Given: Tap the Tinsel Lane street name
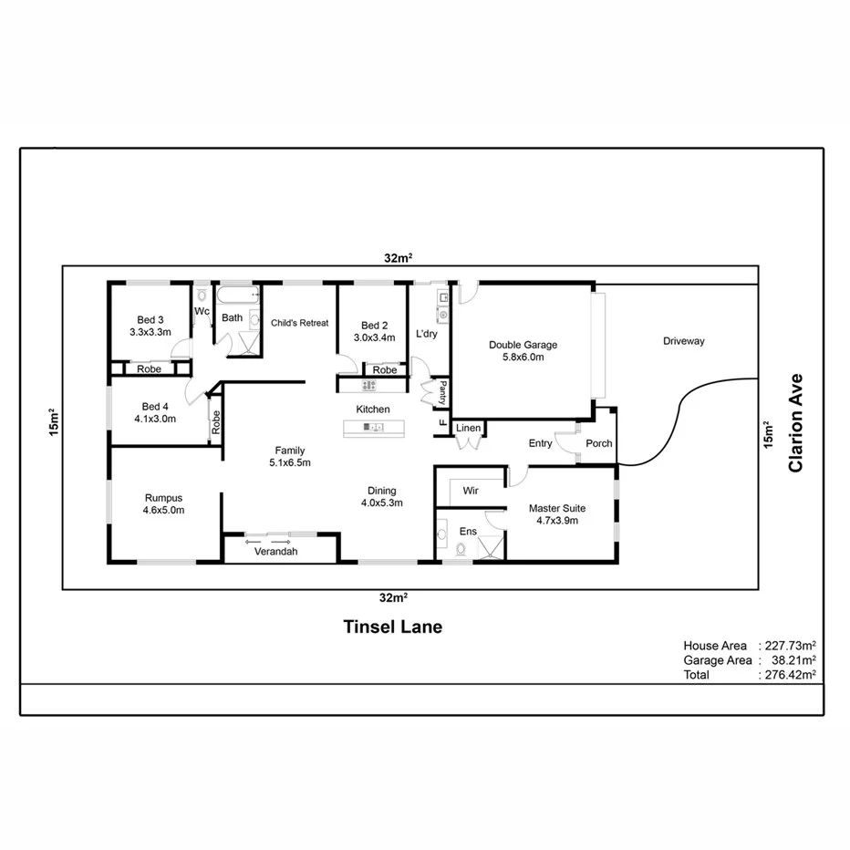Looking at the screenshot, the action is point(392,627).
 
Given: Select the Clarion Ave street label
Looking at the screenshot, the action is point(796,422).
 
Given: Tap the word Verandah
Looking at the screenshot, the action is point(275,552).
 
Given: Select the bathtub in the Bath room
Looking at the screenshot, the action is point(236,295).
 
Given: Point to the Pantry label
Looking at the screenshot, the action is point(443,393).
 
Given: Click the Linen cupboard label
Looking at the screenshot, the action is point(468,428).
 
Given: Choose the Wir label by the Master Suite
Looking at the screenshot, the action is point(471,491).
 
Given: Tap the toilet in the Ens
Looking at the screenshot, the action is point(461,549).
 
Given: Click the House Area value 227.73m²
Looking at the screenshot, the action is point(790,646).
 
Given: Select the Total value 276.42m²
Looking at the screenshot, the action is point(790,675).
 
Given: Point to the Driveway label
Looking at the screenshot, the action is point(683,341).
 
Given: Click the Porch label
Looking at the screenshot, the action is point(599,444).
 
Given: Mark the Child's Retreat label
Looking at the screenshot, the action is point(299,323).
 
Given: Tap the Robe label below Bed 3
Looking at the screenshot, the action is point(150,369).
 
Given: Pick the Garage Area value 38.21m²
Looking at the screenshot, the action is point(790,660).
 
